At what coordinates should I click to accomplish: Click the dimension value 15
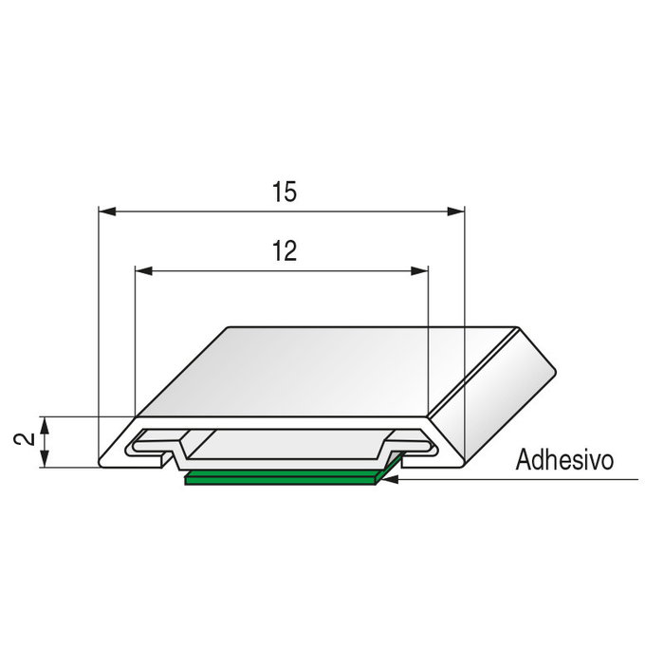click(x=284, y=192)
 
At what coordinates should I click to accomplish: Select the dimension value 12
click(x=284, y=251)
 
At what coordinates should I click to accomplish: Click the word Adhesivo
click(x=564, y=461)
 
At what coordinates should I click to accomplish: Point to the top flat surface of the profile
click(x=323, y=370)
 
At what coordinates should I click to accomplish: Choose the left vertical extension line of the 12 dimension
click(x=136, y=341)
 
